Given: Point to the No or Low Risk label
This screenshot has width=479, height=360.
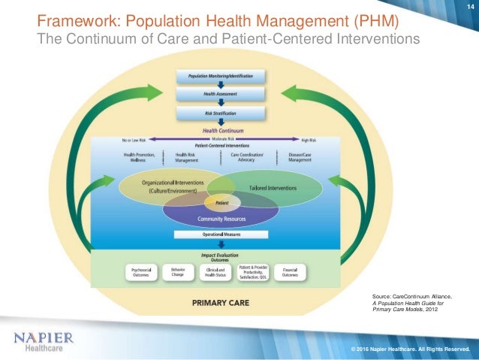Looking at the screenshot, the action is [135, 140].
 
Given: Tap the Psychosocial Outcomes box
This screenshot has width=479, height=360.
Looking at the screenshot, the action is [140, 272].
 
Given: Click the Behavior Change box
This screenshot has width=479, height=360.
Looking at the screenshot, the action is [178, 272].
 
